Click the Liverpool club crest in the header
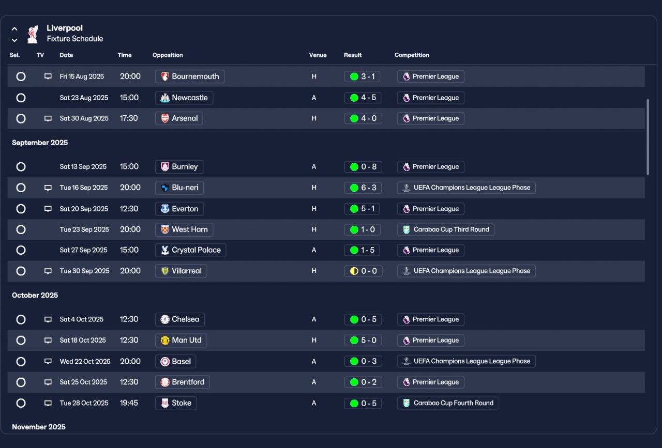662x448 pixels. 33,34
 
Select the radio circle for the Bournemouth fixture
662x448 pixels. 21,76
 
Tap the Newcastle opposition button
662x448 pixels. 184,98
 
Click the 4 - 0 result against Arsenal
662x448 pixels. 363,118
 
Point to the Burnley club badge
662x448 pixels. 165,167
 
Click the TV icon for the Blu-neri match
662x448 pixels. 48,188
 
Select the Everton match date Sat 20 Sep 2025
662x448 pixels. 84,209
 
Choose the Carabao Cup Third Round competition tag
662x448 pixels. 446,229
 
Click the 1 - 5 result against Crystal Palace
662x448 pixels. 362,250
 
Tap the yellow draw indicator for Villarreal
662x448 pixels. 354,271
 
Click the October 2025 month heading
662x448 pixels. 35,295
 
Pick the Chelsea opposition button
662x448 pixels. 179,319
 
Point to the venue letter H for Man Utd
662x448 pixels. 314,340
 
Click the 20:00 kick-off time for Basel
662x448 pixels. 130,361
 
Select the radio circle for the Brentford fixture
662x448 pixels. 21,382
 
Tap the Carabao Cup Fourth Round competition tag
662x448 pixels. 448,403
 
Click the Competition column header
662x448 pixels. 412,55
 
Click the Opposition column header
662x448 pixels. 168,55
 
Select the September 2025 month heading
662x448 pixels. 40,143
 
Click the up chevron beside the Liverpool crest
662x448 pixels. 14,29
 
